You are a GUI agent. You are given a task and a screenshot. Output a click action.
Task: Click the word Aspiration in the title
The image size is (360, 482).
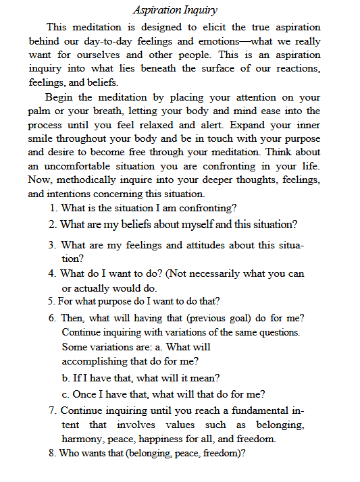pyautogui.click(x=157, y=11)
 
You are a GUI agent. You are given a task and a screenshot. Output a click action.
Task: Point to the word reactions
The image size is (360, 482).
pyautogui.click(x=295, y=69)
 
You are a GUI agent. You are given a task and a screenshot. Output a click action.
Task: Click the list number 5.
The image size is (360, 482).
pyautogui.click(x=51, y=301)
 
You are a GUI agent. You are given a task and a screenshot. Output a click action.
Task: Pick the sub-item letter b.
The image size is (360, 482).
pyautogui.click(x=65, y=378)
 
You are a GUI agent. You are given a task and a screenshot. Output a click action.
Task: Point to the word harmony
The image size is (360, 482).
pyautogui.click(x=82, y=439)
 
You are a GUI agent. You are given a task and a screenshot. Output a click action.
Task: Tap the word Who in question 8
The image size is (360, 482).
pyautogui.click(x=70, y=454)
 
